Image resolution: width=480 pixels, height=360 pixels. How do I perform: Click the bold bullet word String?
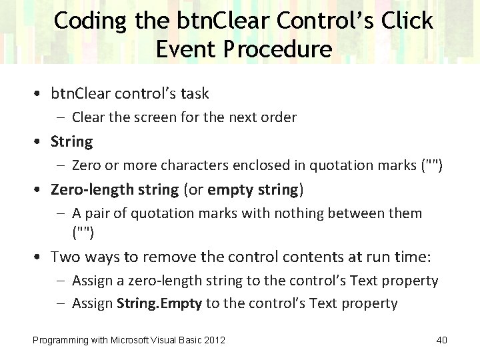[x=72, y=141]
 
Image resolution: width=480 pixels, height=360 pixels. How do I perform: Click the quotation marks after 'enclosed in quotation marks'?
[x=431, y=165]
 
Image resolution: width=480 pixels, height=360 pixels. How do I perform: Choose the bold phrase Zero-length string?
[x=115, y=190]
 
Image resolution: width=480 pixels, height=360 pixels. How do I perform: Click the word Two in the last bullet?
[x=65, y=257]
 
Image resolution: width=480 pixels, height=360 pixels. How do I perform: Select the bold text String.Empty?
[x=159, y=304]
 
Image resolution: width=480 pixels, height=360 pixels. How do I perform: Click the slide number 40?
[x=441, y=341]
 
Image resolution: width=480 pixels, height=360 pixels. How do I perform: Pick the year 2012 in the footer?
[x=214, y=341]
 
